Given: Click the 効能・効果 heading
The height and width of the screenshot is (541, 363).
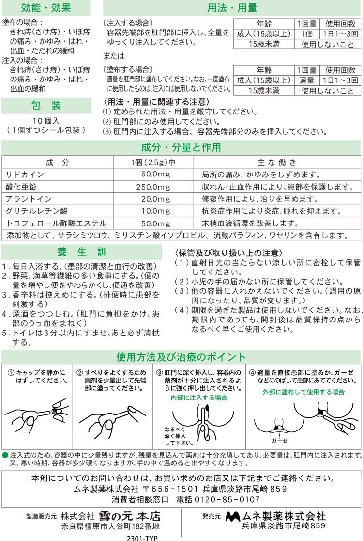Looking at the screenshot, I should (46, 8).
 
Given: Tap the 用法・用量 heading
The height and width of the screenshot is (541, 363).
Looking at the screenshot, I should (232, 8).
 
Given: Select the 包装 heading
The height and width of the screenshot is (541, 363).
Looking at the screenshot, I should (46, 105).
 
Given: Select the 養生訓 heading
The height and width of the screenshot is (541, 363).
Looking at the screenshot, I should (81, 253).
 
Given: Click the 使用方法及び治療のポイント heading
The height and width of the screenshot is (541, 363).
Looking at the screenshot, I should (181, 358).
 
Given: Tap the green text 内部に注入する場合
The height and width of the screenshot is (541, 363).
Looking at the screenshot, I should (199, 398).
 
